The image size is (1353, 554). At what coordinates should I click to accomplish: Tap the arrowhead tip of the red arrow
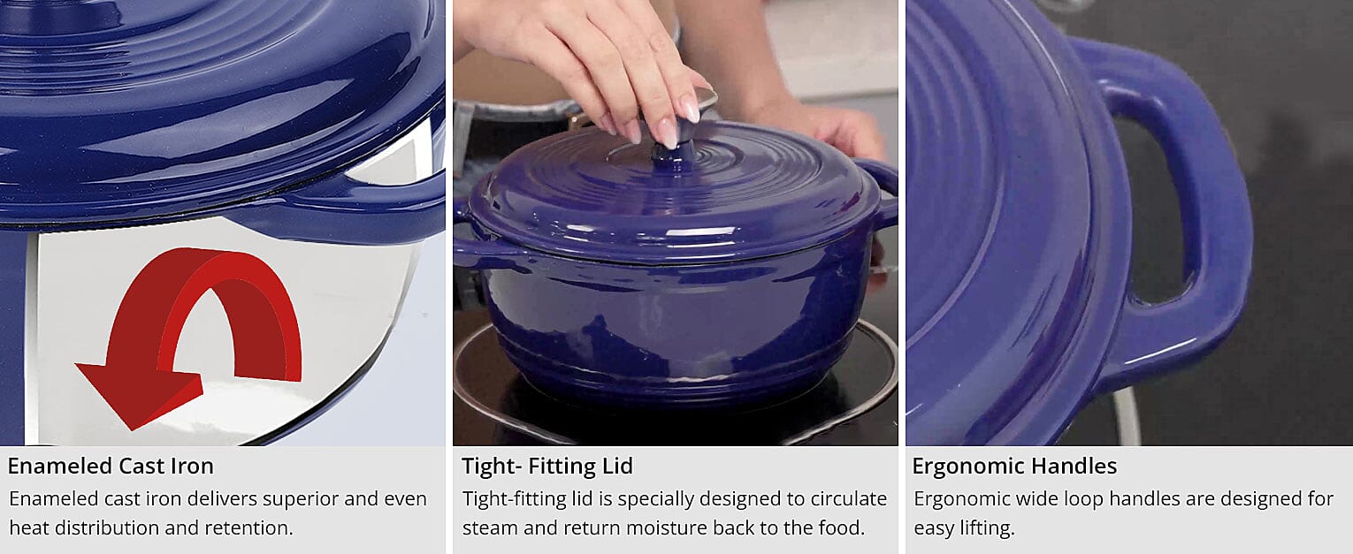[x=132, y=429]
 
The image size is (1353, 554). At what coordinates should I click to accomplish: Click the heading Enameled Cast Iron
[x=111, y=466]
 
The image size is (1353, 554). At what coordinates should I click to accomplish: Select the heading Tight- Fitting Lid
[x=547, y=466]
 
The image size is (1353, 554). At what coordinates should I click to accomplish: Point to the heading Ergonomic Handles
[x=1014, y=466]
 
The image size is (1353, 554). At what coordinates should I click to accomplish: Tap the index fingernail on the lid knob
[x=668, y=134]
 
